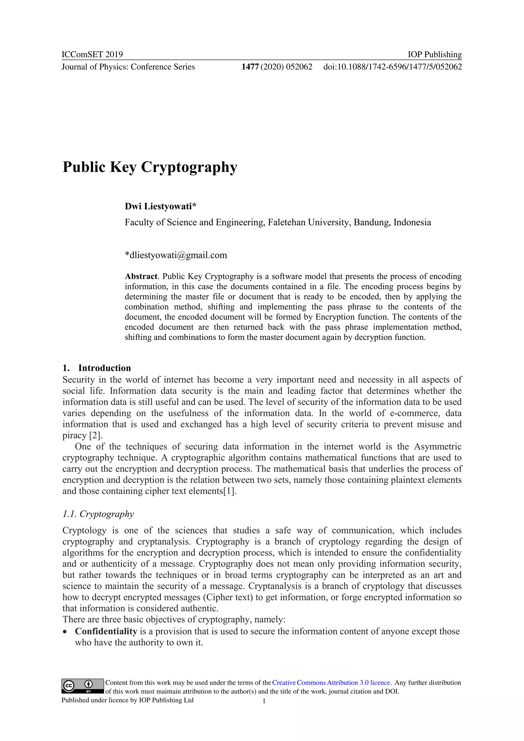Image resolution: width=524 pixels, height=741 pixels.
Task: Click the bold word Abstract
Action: [141, 277]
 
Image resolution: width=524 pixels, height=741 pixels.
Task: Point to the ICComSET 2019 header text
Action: [92, 54]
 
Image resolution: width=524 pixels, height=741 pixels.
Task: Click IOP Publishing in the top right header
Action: [434, 54]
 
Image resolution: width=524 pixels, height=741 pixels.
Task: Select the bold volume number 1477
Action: [250, 67]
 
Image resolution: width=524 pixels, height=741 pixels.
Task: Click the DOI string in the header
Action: [392, 67]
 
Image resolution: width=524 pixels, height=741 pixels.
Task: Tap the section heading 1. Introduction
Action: [97, 368]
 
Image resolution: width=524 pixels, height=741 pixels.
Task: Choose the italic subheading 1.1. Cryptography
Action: [98, 514]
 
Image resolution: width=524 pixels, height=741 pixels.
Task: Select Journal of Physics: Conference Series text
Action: [128, 67]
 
